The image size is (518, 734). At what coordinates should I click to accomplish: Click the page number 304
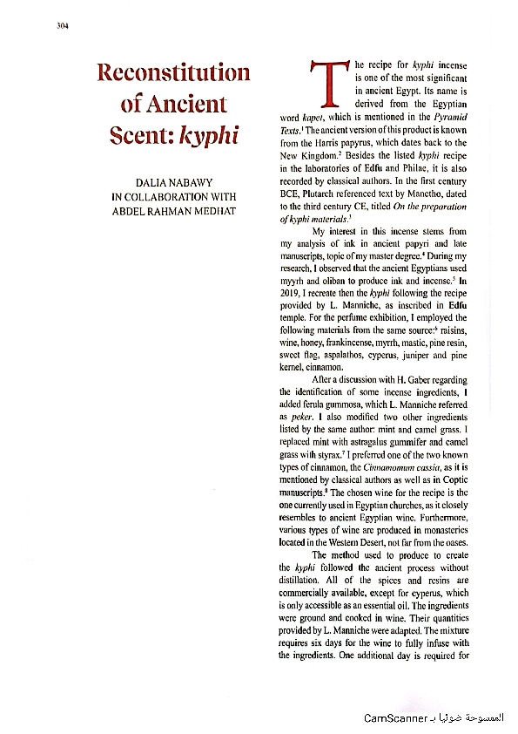click(x=60, y=25)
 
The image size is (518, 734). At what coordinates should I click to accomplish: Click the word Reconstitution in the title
click(x=173, y=72)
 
